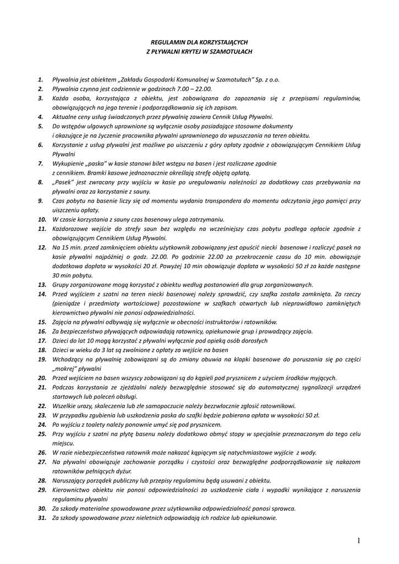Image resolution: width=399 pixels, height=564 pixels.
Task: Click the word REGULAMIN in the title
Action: [x=166, y=41]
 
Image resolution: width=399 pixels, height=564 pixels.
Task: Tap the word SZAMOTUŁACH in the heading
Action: [x=230, y=51]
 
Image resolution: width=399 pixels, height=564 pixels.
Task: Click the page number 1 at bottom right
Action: [x=358, y=541]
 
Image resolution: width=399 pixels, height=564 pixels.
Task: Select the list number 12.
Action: [x=42, y=247]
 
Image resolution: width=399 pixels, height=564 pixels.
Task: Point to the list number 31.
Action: [x=42, y=518]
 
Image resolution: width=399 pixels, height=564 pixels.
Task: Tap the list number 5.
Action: [x=41, y=126]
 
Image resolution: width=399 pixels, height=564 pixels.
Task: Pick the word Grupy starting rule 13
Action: [x=61, y=285]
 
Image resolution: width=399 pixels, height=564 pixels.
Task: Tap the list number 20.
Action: [x=42, y=378]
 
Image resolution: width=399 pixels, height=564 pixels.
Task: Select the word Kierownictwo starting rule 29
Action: [x=72, y=490]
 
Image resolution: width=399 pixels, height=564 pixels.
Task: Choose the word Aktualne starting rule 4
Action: [x=65, y=117]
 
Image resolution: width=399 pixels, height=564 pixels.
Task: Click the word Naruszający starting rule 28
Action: [x=70, y=480]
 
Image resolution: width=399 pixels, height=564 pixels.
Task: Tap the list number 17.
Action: [x=42, y=340]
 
